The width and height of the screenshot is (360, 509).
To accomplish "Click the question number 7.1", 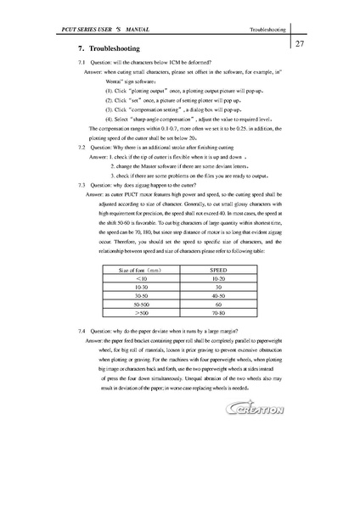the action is pos(82,64).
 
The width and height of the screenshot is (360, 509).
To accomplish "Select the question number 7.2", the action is pos(82,147).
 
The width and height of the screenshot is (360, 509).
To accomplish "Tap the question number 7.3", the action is pos(82,184).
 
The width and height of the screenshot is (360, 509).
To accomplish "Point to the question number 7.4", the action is pos(82,330).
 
